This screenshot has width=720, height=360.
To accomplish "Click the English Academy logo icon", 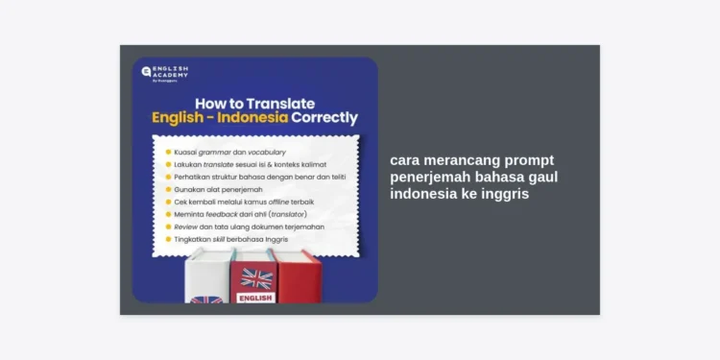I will click(x=146, y=71).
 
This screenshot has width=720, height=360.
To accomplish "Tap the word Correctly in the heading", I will click(x=326, y=118).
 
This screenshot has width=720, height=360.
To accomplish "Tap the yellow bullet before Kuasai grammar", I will click(x=168, y=152).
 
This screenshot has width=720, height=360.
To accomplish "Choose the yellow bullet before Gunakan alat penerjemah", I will click(x=168, y=189).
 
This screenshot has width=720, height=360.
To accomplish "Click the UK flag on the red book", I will click(x=256, y=277).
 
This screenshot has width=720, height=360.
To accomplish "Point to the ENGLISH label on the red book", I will click(x=256, y=298).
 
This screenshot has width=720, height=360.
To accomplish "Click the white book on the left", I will click(x=207, y=278).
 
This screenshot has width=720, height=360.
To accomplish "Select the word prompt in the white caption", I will click(x=528, y=160).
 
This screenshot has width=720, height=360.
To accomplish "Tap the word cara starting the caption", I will click(x=406, y=160).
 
